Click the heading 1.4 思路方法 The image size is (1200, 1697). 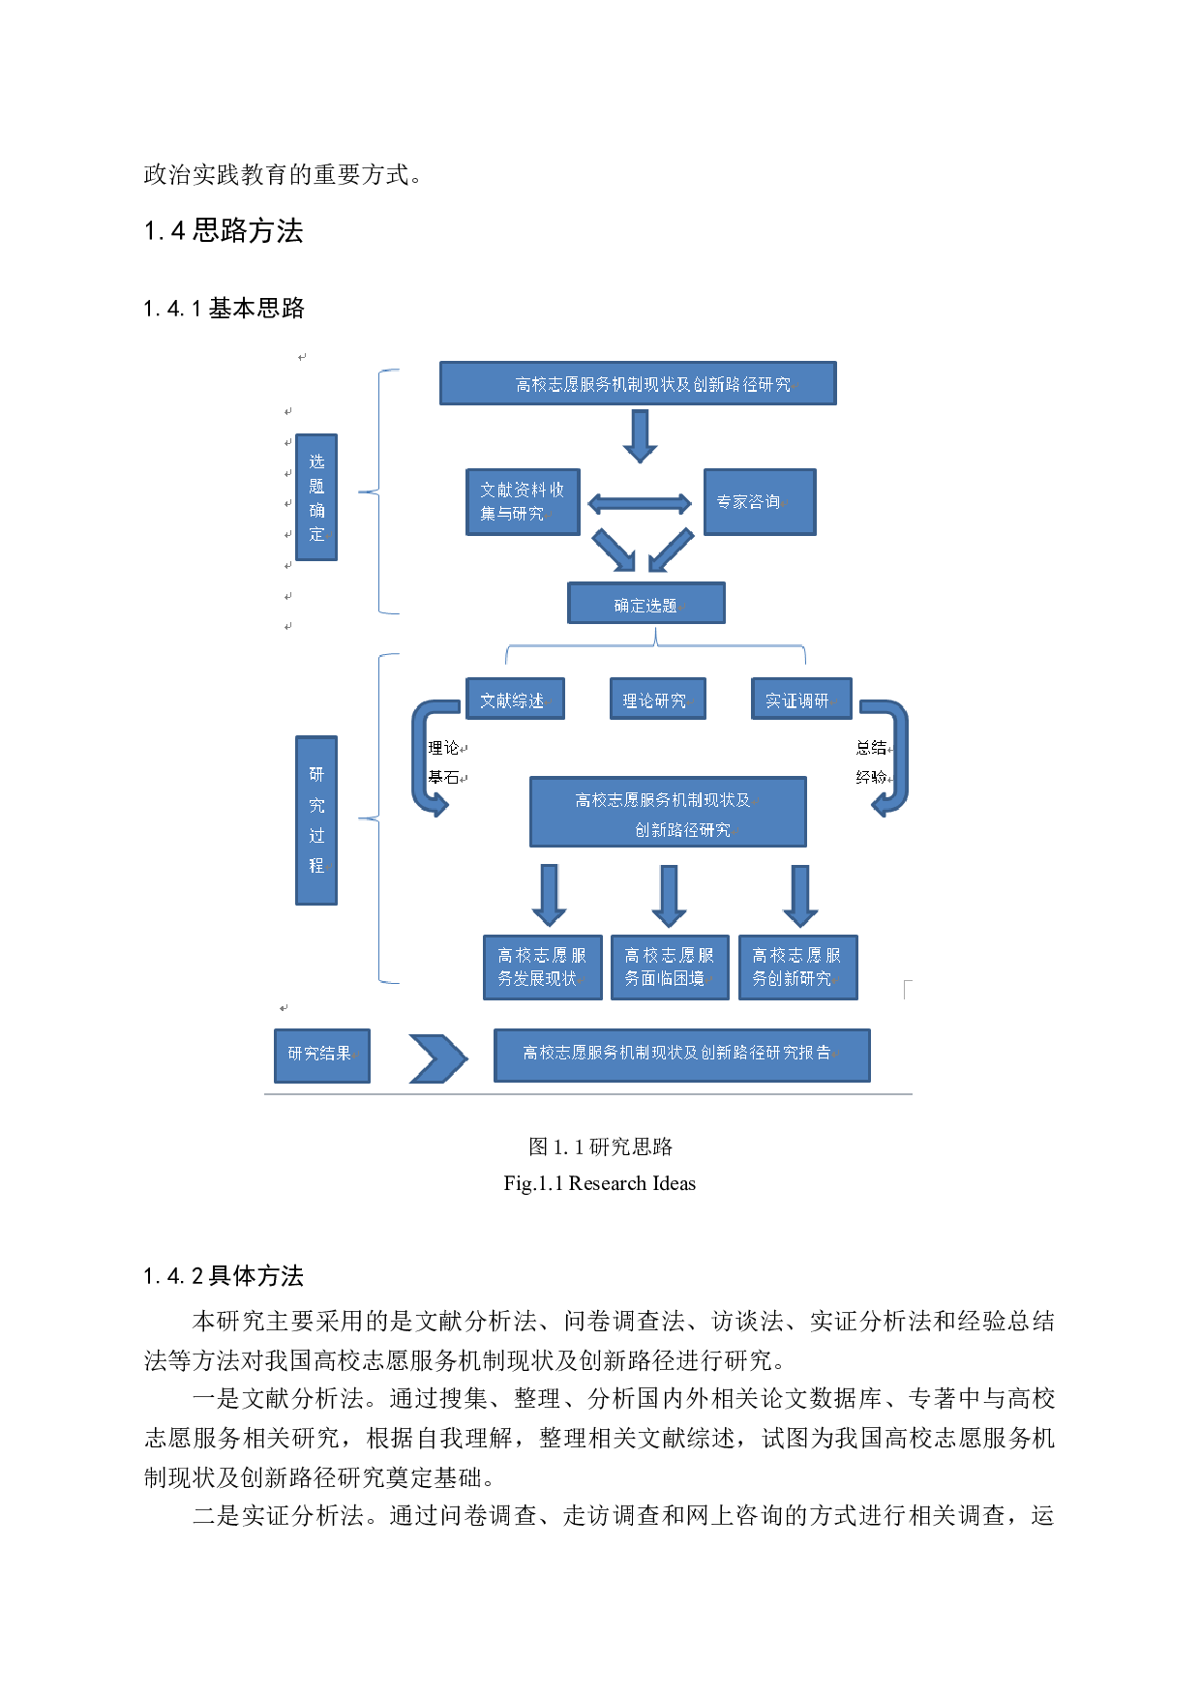point(224,231)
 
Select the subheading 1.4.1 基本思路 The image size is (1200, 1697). point(224,309)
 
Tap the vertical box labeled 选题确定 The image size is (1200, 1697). point(316,497)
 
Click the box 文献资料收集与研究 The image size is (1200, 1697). point(523,502)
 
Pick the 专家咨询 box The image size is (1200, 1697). point(760,502)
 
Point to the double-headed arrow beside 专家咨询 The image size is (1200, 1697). point(640,504)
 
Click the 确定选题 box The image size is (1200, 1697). point(645,604)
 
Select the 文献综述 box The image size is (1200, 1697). point(515,700)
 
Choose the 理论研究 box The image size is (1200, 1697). point(657,700)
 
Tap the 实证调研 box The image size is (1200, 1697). point(801,700)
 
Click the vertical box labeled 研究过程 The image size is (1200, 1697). point(316,820)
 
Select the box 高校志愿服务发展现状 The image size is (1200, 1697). point(542,967)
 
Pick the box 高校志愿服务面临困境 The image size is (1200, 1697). point(670,967)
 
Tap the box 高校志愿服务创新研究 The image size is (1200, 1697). point(797,967)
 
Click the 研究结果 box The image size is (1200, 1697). point(322,1055)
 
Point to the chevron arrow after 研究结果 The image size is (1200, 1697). point(437,1058)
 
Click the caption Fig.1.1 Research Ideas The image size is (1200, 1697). point(599,1183)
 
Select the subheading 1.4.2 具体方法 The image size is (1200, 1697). point(224,1276)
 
